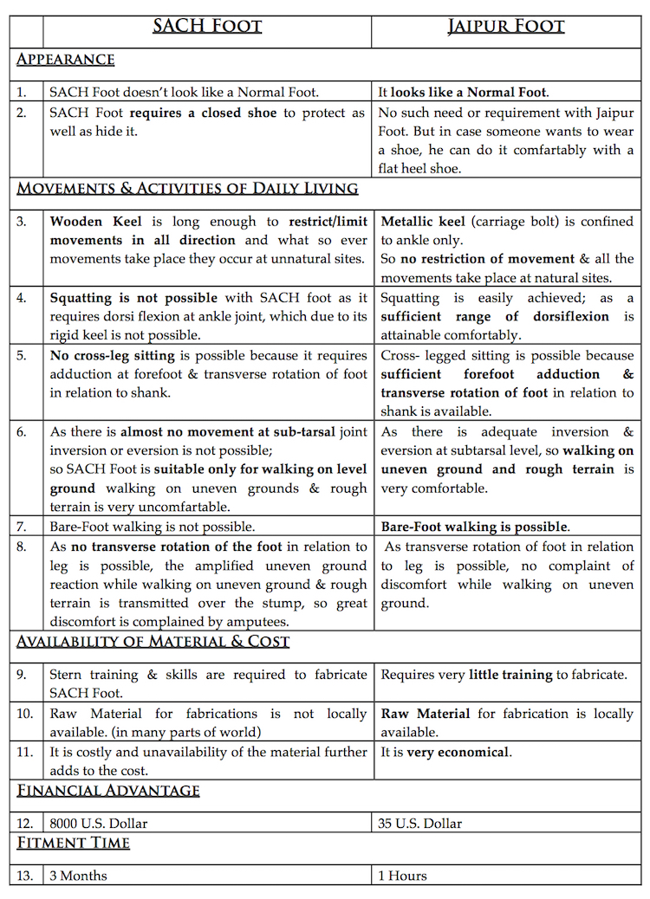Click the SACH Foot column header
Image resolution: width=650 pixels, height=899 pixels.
tap(207, 25)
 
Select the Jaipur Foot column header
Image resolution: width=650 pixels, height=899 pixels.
tap(506, 25)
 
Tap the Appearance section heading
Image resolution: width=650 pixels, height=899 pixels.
tap(66, 60)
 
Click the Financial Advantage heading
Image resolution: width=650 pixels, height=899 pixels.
tap(108, 791)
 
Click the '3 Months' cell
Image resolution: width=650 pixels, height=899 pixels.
tap(79, 876)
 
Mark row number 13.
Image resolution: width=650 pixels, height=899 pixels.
tap(25, 876)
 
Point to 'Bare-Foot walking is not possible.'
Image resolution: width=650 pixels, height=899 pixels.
tap(152, 527)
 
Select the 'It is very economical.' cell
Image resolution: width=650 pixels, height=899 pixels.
tap(445, 753)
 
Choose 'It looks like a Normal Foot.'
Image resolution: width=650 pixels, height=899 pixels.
tap(464, 92)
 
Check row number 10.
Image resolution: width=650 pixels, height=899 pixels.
tap(25, 714)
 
